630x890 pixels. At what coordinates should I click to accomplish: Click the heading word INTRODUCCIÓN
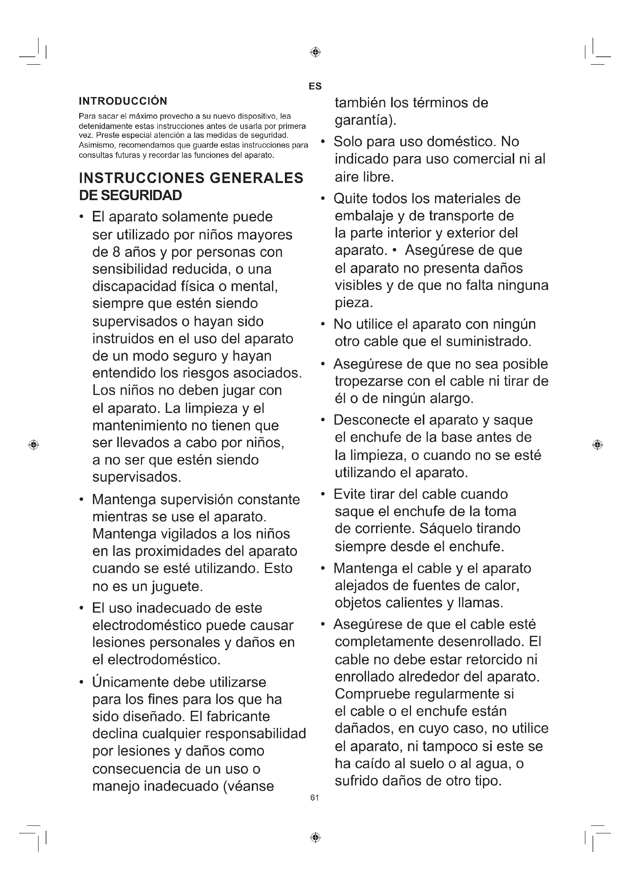[x=123, y=101]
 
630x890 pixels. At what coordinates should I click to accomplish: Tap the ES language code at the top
[x=315, y=86]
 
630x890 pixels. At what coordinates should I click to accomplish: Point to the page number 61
[x=315, y=798]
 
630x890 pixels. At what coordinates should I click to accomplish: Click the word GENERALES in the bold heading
[x=256, y=178]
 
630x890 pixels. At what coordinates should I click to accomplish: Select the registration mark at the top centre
[x=315, y=52]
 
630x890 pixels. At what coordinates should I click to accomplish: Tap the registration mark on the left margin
[x=34, y=444]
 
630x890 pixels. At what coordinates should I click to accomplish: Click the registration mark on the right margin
[x=597, y=444]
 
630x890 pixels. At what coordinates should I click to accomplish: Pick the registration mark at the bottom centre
[x=315, y=837]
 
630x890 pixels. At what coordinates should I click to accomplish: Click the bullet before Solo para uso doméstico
[x=322, y=142]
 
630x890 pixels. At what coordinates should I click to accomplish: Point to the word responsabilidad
[x=256, y=733]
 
